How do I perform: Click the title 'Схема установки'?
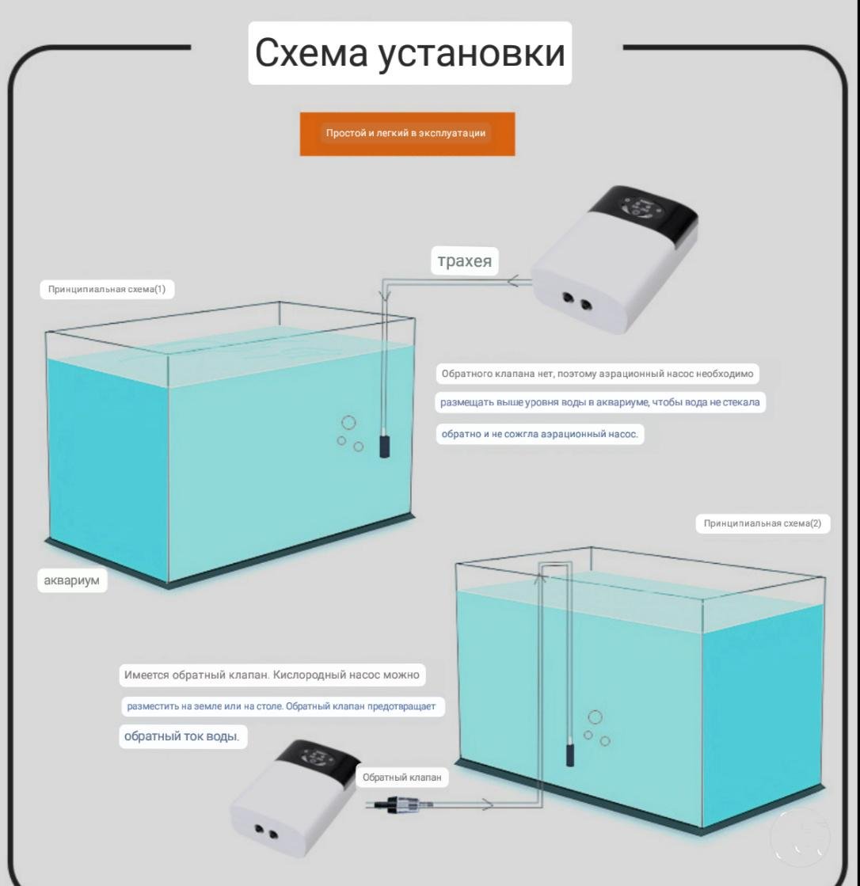[x=409, y=52]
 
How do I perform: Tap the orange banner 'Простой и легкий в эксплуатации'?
[x=407, y=133]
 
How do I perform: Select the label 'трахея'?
[x=465, y=261]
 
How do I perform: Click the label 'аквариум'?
[x=72, y=580]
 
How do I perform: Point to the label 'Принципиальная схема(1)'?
[x=107, y=289]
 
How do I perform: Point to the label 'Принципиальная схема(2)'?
[x=763, y=523]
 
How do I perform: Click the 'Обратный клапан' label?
[x=401, y=778]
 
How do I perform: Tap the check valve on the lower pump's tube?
[x=401, y=804]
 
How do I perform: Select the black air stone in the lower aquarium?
[x=570, y=755]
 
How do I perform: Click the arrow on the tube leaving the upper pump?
[x=512, y=280]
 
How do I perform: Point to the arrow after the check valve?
[x=486, y=804]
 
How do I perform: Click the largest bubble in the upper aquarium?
[x=348, y=422]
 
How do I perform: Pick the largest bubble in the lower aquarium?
[x=595, y=717]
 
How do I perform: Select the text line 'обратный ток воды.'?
[x=182, y=736]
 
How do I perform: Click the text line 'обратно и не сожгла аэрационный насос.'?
[x=539, y=434]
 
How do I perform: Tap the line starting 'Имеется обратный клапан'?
[x=272, y=675]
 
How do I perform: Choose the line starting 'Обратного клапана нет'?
[x=597, y=374]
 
